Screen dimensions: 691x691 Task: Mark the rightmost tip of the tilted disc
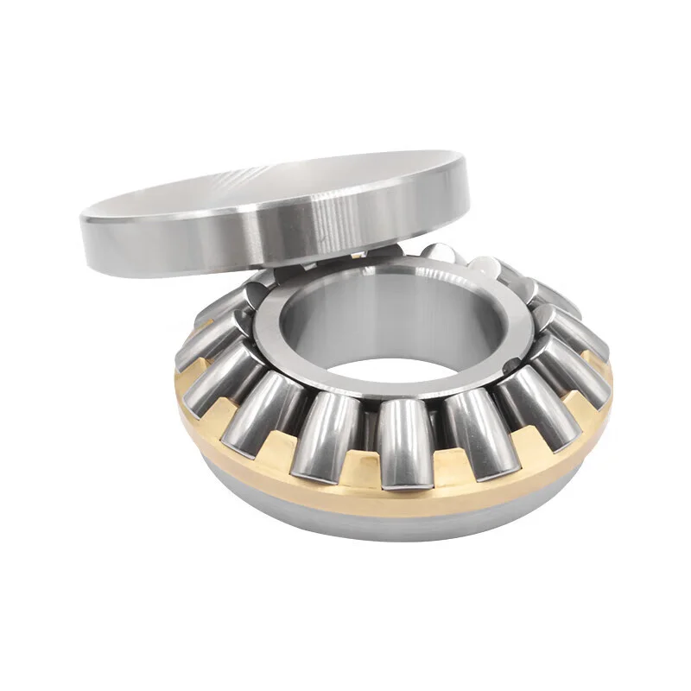[469, 186]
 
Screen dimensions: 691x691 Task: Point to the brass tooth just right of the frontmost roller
[441, 471]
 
